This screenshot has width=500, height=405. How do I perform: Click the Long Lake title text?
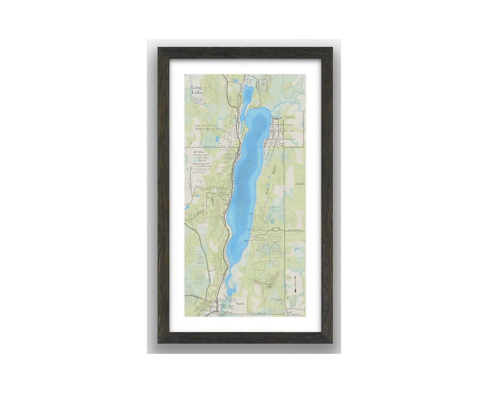tap(196, 90)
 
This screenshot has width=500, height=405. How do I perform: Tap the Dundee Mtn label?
tap(268, 285)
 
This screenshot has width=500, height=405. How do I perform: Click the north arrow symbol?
tap(295, 284)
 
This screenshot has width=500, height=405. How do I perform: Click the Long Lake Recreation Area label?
tap(261, 239)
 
